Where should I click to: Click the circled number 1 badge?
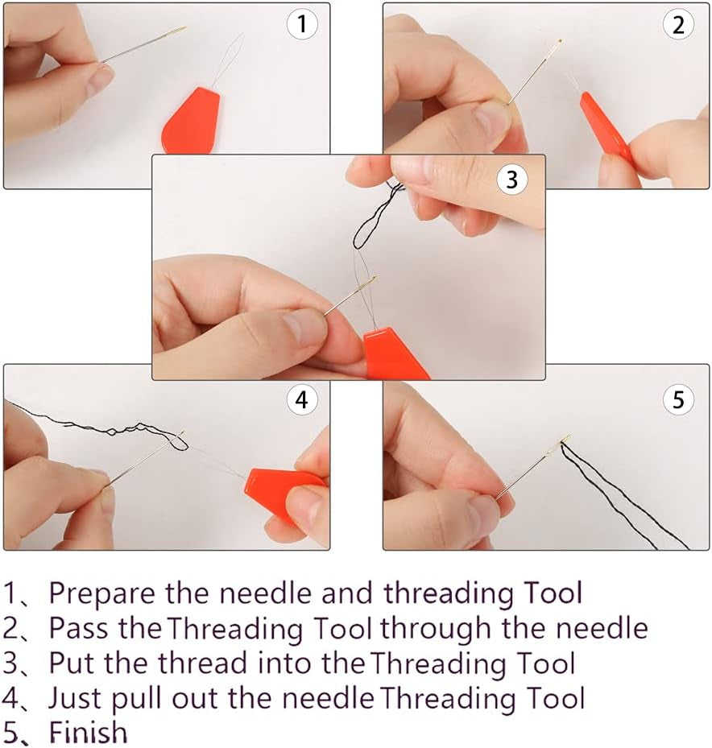tap(302, 24)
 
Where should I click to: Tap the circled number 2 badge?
tap(679, 24)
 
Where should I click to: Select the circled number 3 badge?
tap(511, 180)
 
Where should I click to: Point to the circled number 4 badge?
tap(302, 399)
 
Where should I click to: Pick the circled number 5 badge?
tap(679, 399)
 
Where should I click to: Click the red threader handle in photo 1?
tap(191, 122)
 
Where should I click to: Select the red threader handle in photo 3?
tap(395, 354)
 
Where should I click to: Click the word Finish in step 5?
tap(89, 732)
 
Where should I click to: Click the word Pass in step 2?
tap(78, 628)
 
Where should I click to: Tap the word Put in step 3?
tap(72, 663)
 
